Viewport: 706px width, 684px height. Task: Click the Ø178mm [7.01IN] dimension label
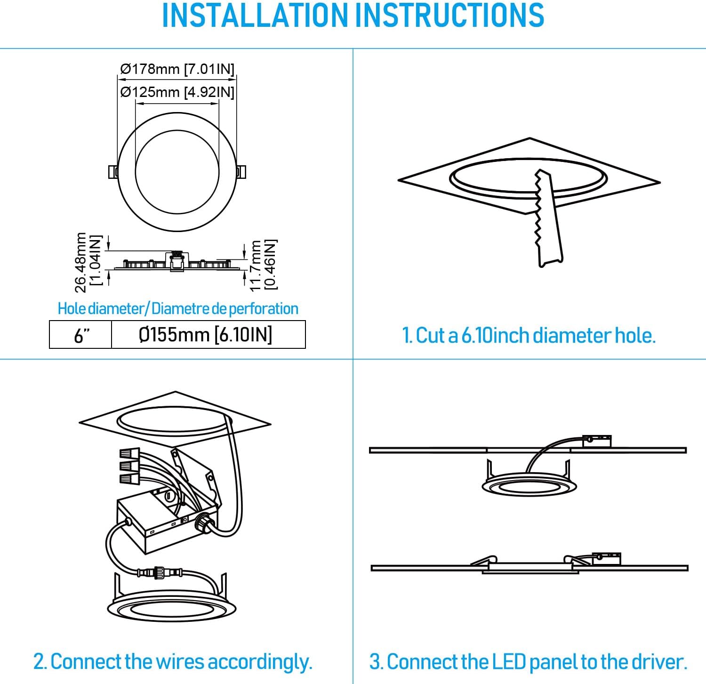pyautogui.click(x=177, y=69)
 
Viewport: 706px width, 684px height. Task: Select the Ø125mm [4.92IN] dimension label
pyautogui.click(x=177, y=92)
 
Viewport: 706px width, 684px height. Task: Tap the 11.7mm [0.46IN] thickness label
pyautogui.click(x=263, y=265)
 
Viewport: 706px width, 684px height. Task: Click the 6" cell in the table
pyautogui.click(x=81, y=335)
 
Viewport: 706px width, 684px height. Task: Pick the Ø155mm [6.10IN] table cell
pyautogui.click(x=206, y=335)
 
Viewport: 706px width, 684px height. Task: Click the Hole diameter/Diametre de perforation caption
pyautogui.click(x=178, y=309)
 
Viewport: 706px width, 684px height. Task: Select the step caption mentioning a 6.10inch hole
pyautogui.click(x=529, y=336)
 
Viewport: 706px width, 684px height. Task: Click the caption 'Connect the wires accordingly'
pyautogui.click(x=173, y=661)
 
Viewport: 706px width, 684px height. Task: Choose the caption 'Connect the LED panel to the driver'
pyautogui.click(x=528, y=662)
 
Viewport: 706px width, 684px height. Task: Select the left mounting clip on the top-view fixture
pyautogui.click(x=112, y=172)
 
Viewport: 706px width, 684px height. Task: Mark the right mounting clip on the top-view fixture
pyautogui.click(x=241, y=172)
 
